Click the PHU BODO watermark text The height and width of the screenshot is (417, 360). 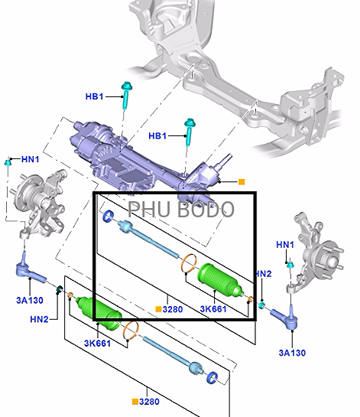181,210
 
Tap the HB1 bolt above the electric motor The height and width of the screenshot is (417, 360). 126,96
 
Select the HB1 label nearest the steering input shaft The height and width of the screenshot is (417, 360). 157,136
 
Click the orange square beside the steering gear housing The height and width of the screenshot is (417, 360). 242,182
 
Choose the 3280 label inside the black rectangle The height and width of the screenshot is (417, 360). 173,309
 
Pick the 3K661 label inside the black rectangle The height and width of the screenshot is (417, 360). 213,309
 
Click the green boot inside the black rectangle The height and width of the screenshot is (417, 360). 220,280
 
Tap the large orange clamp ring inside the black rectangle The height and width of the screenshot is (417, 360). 189,262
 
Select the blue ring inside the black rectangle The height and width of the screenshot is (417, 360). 109,216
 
